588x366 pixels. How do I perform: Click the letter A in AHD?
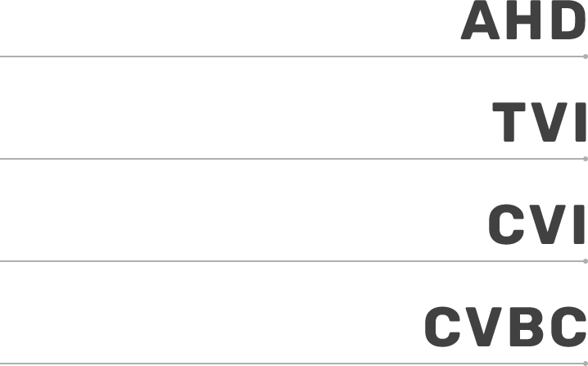pyautogui.click(x=480, y=20)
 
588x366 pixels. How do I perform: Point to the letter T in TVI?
pyautogui.click(x=509, y=122)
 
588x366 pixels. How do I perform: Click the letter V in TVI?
pyautogui.click(x=550, y=122)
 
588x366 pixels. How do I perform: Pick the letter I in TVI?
pyautogui.click(x=581, y=122)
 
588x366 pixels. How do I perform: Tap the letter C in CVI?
pyautogui.click(x=507, y=224)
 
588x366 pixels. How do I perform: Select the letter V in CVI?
pyautogui.click(x=548, y=224)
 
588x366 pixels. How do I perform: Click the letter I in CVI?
pyautogui.click(x=579, y=224)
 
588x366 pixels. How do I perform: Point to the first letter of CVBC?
pyautogui.click(x=443, y=327)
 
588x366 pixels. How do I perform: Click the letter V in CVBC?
pyautogui.click(x=483, y=327)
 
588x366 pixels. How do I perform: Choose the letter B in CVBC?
pyautogui.click(x=527, y=327)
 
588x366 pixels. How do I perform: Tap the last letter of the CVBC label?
pyautogui.click(x=569, y=327)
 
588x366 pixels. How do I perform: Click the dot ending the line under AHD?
pyautogui.click(x=586, y=56)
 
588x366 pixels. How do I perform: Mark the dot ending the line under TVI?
pyautogui.click(x=586, y=159)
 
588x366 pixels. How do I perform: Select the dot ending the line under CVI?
pyautogui.click(x=586, y=261)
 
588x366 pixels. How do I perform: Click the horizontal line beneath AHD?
pyautogui.click(x=292, y=56)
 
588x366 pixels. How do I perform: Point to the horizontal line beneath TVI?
pyautogui.click(x=292, y=159)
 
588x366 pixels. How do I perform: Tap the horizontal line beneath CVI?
pyautogui.click(x=292, y=261)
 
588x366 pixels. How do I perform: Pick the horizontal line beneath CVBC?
pyautogui.click(x=292, y=364)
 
